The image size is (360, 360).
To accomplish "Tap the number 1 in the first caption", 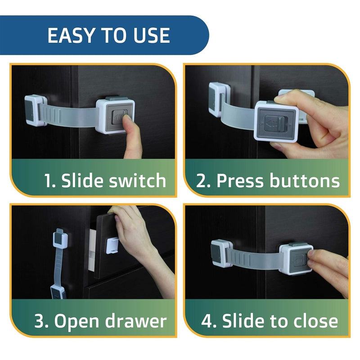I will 49,181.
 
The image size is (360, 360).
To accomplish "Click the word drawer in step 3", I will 135,321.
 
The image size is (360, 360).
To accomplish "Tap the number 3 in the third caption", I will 40,321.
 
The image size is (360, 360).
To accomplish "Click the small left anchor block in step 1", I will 34,109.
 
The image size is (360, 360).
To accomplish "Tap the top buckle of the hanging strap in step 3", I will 60,239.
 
